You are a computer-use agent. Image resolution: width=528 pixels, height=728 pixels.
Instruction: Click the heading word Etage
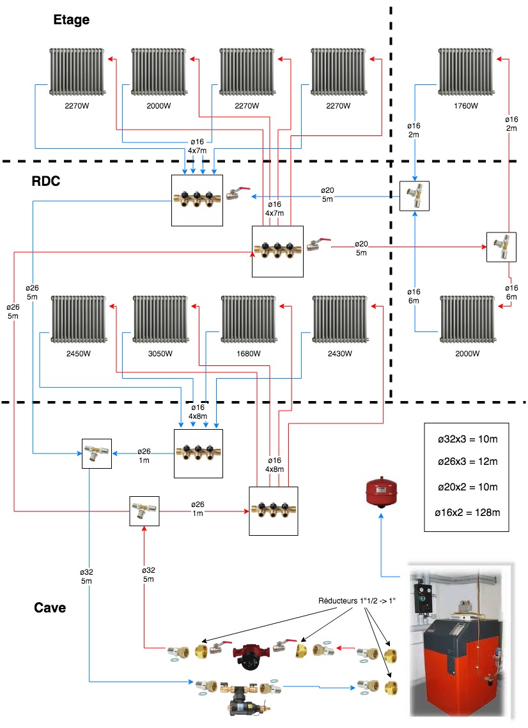[71, 20]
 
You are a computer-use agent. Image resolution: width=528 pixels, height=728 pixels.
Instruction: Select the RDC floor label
[46, 181]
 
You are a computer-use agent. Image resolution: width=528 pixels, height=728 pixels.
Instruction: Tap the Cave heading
[50, 607]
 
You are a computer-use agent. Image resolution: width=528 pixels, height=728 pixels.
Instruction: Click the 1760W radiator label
[465, 106]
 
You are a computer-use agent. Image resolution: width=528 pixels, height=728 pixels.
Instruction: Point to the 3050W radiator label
[159, 353]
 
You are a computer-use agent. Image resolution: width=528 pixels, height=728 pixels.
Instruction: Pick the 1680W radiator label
[248, 353]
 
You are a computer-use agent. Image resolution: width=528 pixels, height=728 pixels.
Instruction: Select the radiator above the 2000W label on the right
[466, 320]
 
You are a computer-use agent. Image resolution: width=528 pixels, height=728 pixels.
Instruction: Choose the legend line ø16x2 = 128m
[465, 512]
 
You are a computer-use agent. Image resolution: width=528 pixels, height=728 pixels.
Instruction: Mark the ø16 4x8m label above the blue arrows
[198, 412]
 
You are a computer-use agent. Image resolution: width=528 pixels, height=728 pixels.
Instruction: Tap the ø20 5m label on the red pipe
[361, 248]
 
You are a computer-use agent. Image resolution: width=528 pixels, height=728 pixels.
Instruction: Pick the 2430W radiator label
[339, 353]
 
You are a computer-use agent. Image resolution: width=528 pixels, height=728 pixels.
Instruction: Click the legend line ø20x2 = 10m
[465, 488]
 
